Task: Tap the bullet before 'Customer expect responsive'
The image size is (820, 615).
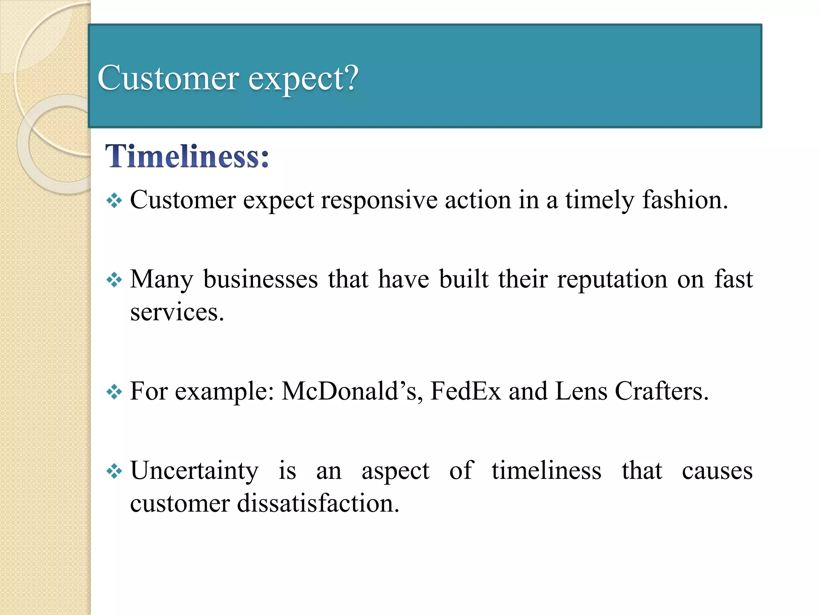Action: [114, 200]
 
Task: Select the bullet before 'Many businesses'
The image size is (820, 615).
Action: [114, 279]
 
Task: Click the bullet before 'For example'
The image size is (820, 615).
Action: [114, 392]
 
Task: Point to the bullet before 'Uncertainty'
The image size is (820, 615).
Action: [114, 471]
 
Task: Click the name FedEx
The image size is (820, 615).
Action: [465, 391]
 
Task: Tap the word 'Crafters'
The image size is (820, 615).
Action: [661, 391]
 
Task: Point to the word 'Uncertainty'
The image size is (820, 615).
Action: [195, 471]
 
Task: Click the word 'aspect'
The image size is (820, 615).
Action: [395, 472]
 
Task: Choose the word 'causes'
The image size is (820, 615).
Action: [717, 471]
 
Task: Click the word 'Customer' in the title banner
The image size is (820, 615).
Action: [168, 78]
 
